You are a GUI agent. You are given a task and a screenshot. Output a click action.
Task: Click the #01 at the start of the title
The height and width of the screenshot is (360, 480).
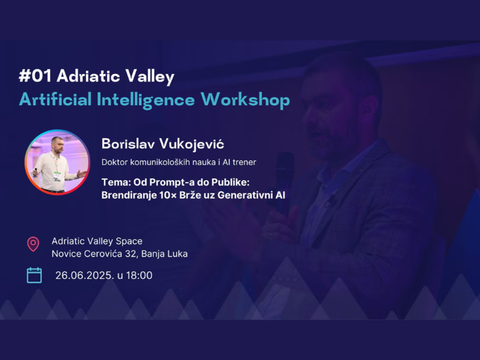click(x=35, y=76)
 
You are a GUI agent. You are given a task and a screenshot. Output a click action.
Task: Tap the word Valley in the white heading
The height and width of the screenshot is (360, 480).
click(x=150, y=77)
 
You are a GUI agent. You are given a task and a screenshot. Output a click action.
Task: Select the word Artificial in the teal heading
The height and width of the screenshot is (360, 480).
click(x=55, y=100)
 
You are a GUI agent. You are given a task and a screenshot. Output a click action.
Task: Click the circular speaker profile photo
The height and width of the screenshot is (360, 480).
click(x=57, y=162)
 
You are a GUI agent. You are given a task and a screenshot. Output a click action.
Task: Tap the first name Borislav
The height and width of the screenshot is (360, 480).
click(x=128, y=144)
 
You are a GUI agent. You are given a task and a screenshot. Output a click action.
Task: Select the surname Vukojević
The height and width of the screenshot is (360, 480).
click(x=192, y=144)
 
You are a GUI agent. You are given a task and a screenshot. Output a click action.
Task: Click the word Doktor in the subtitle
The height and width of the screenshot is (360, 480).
click(x=114, y=162)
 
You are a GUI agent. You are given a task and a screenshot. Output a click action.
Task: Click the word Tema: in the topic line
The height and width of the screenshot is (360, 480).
click(x=116, y=182)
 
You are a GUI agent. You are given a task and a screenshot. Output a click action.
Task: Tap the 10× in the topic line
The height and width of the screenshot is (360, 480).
click(x=168, y=195)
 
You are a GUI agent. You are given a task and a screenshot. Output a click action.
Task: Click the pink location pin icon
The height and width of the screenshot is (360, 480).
click(x=33, y=244)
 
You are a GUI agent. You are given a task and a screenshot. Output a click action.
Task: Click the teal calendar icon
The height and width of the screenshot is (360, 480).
click(x=34, y=275)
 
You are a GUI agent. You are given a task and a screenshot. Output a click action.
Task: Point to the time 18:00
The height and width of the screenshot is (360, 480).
click(x=139, y=276)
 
